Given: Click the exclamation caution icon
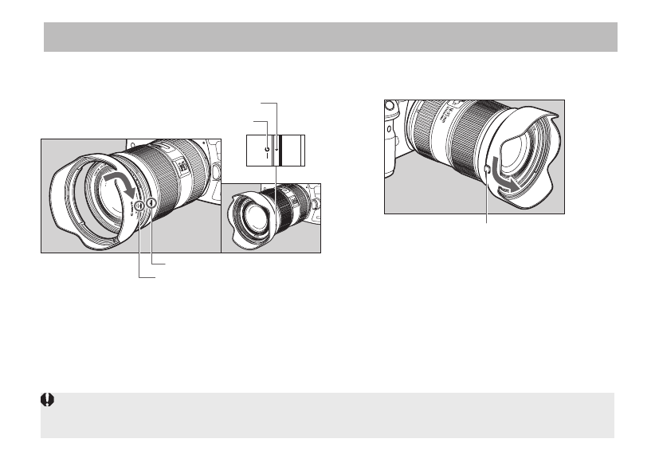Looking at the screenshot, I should [x=47, y=401].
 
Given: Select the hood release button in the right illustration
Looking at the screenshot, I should [x=488, y=168].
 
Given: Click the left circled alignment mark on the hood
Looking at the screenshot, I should [x=139, y=206].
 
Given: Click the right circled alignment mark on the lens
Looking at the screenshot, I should [x=150, y=203].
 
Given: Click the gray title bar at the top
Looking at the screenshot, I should [x=330, y=37].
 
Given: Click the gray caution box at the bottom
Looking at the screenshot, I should [x=330, y=414].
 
